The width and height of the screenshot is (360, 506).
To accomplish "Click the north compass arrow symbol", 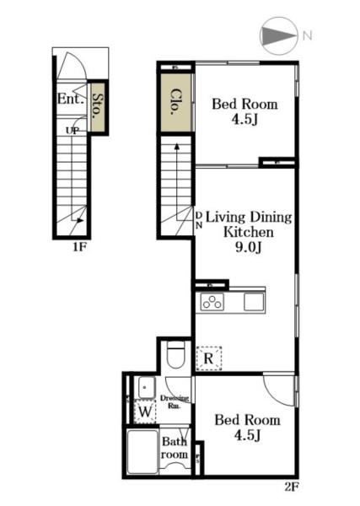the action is [x=278, y=35].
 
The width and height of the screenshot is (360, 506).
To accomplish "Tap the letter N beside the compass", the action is [x=307, y=35].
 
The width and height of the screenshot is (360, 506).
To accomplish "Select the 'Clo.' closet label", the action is [x=175, y=102].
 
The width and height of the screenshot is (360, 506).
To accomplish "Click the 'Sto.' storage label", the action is [x=98, y=106].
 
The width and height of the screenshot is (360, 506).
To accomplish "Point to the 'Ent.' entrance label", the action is [x=71, y=99].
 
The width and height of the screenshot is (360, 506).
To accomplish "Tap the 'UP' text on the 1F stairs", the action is [x=73, y=131].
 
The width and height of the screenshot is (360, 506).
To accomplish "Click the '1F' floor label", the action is [x=79, y=247].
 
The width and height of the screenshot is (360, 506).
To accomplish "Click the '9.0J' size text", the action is [x=248, y=247].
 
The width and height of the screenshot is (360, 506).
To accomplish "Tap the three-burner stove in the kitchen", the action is [x=212, y=303].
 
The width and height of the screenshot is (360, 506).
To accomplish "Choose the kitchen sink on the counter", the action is [x=254, y=302].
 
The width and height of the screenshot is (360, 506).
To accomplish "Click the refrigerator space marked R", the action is [x=209, y=358].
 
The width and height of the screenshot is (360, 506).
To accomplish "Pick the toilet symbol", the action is [x=176, y=355].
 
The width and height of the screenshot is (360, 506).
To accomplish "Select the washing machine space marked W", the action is [x=145, y=412].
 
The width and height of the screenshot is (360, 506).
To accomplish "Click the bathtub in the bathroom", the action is [x=142, y=452].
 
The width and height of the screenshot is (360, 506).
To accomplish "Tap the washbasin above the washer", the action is [x=147, y=387].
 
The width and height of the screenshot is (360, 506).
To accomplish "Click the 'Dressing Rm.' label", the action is [x=175, y=401].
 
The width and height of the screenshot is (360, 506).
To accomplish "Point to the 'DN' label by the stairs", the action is [x=199, y=220].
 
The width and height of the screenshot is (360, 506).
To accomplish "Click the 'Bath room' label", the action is [x=175, y=448].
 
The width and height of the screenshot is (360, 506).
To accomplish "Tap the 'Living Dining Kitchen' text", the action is [x=249, y=224].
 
